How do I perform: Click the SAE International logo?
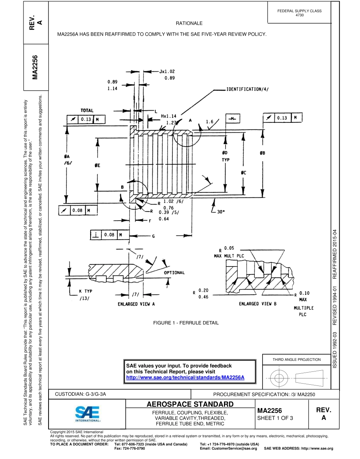pos(87,414)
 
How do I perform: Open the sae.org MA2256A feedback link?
pos(185,378)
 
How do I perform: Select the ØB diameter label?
pos(262,153)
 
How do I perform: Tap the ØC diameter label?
pos(243,173)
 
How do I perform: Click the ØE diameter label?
pos(97,165)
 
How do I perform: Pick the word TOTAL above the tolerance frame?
pos(87,110)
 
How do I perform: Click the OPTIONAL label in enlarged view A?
pos(174,273)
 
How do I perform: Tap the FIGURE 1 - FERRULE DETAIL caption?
pos(186,323)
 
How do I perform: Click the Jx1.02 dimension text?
pos(167,71)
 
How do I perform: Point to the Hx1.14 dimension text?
pos(169,116)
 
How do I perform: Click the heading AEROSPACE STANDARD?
pos(190,404)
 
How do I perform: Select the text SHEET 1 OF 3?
pos(275,418)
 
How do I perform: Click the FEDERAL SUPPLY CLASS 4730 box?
pos(299,13)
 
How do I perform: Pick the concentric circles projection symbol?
pos(279,378)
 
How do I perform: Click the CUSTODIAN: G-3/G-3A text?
pos(80,394)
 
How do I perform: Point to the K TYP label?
pos(86,291)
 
